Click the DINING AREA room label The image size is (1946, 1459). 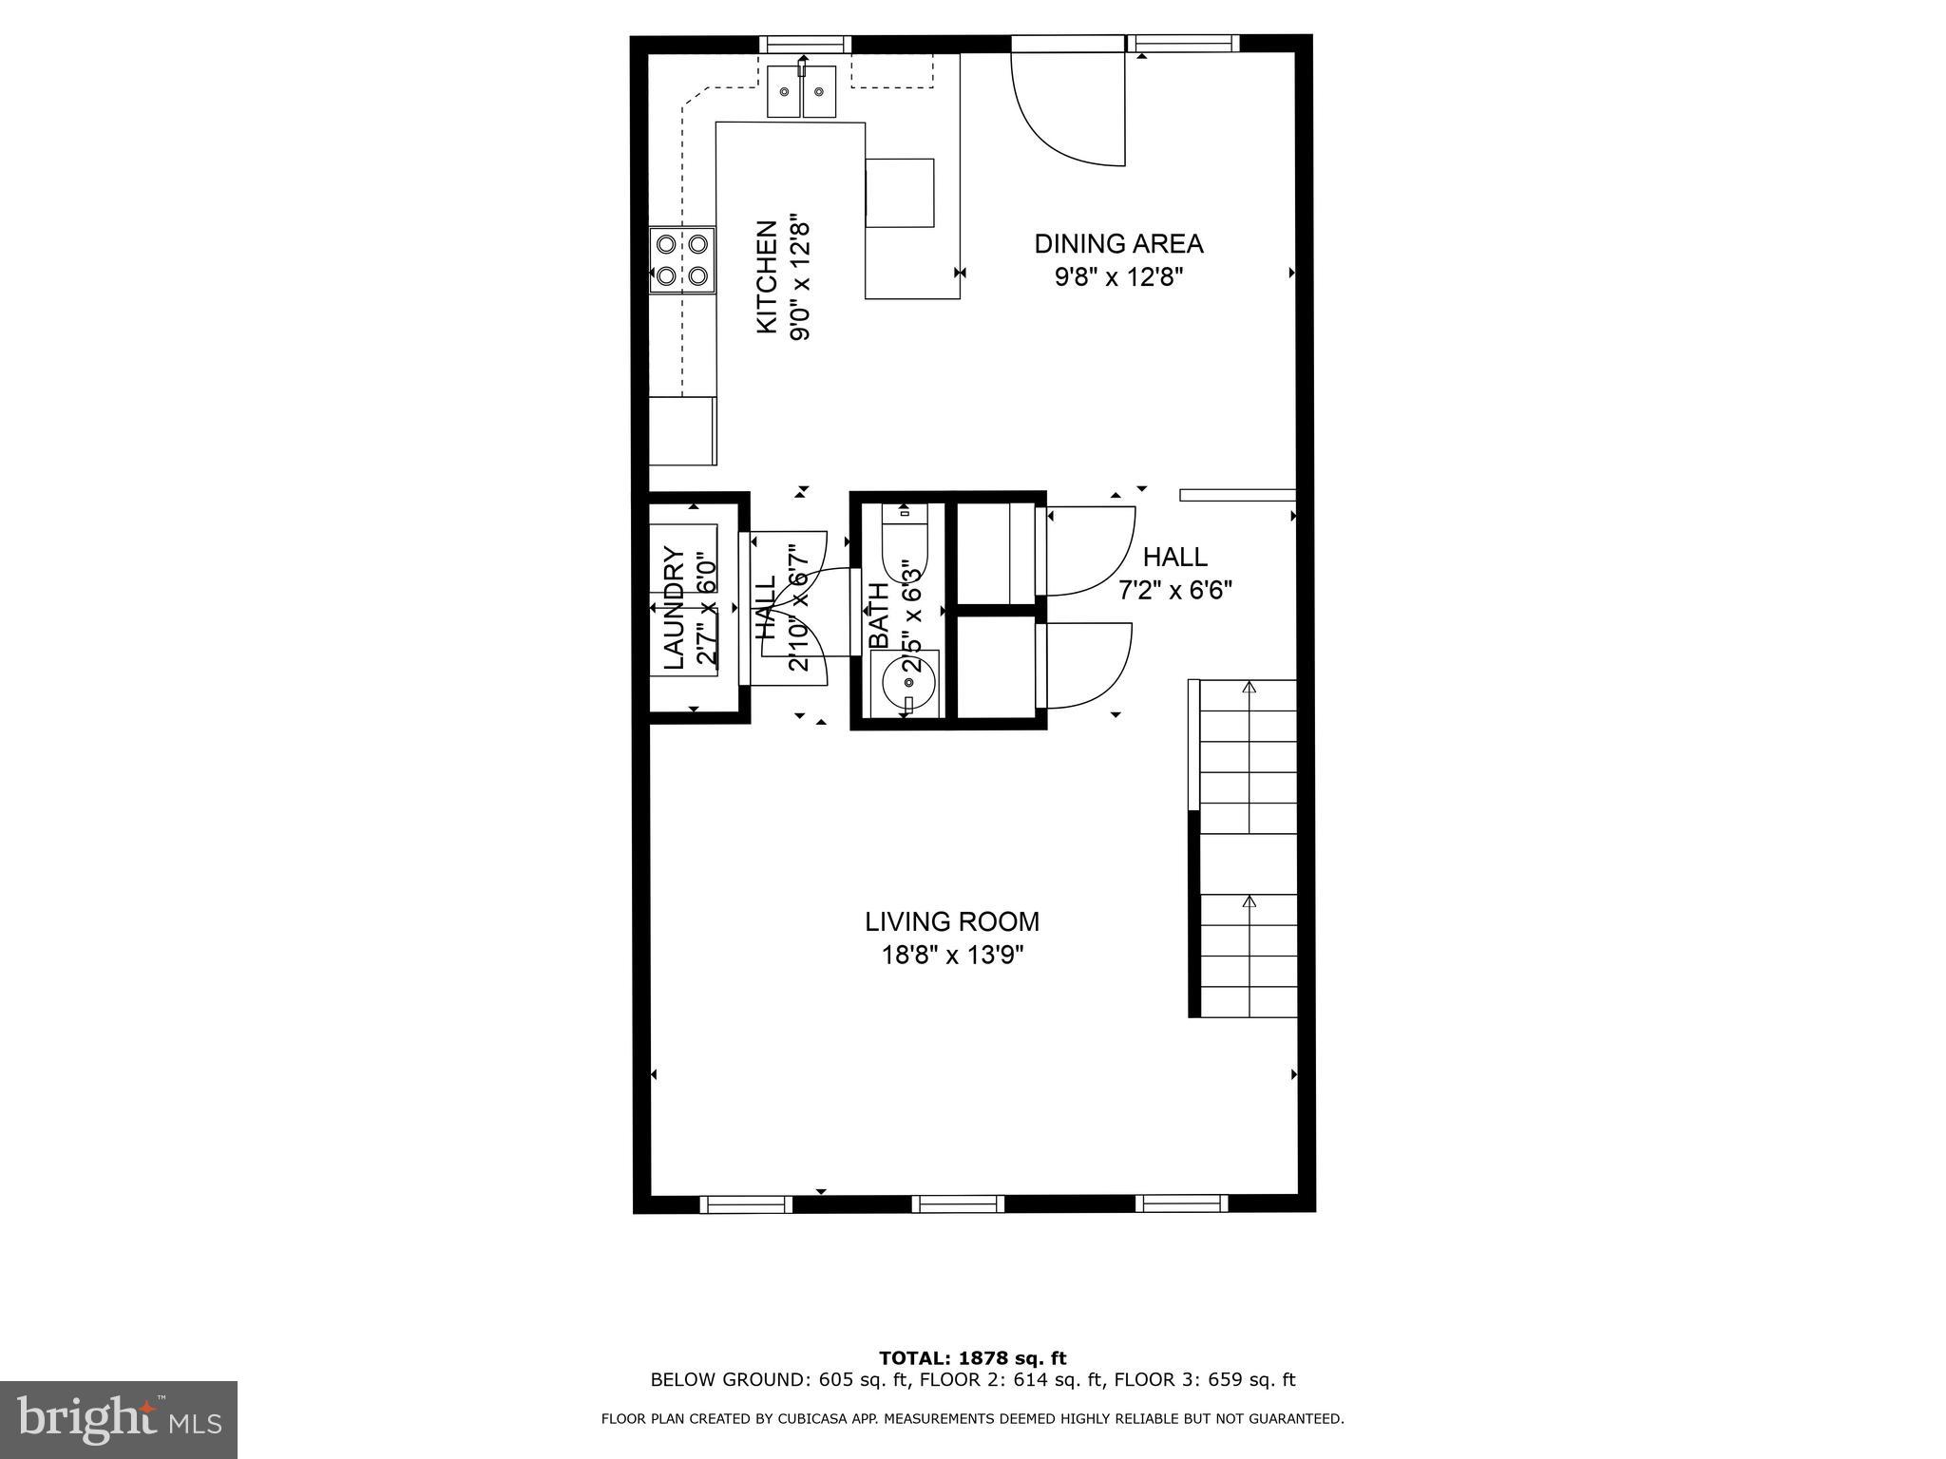click(x=1118, y=244)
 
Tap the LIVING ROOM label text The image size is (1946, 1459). click(x=952, y=921)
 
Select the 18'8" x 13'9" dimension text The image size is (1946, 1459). click(x=952, y=955)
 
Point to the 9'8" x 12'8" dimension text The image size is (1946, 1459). click(x=1118, y=277)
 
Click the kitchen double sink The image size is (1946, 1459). click(x=802, y=92)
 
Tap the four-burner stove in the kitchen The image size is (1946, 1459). click(x=682, y=259)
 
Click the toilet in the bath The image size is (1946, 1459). click(x=904, y=546)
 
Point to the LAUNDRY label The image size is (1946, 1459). click(x=673, y=608)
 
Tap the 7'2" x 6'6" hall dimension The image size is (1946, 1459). click(x=1175, y=591)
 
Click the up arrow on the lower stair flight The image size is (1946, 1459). click(x=1250, y=901)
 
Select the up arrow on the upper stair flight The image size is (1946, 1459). click(x=1250, y=687)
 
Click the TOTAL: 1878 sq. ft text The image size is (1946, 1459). click(x=972, y=1358)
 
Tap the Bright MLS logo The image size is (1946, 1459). click(x=118, y=1419)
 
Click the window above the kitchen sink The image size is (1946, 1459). click(x=805, y=44)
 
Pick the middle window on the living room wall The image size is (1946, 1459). click(x=958, y=1204)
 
